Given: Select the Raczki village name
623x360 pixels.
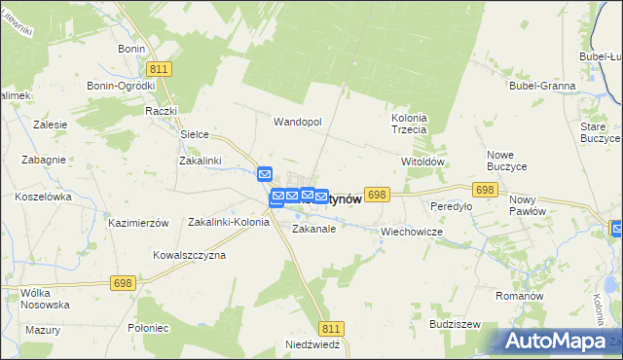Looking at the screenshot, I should (x=160, y=111).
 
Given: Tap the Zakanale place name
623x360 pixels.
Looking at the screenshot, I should (x=314, y=230).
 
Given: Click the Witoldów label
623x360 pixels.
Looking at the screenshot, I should (x=422, y=162).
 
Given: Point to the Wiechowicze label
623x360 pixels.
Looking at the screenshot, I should (x=412, y=233).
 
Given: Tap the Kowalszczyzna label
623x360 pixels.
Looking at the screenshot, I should (x=189, y=255).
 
